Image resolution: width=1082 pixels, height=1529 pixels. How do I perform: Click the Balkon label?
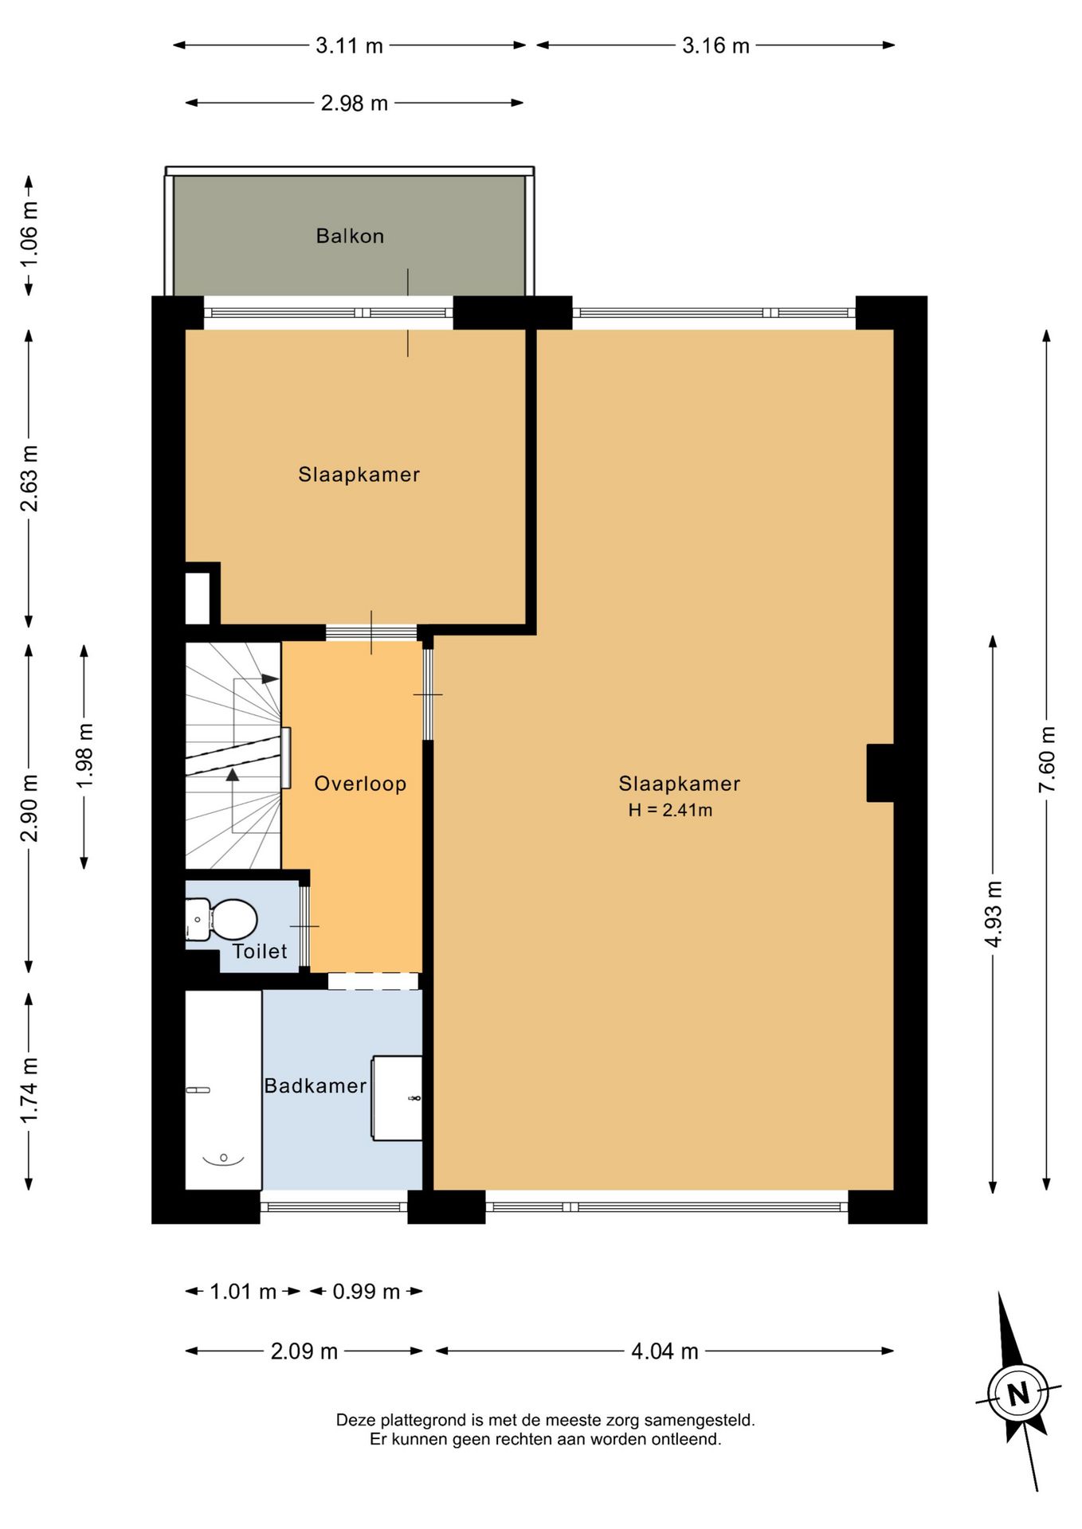pos(350,236)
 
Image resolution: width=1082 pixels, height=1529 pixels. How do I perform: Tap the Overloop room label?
pos(360,784)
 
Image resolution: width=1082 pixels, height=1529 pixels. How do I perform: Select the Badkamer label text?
pos(316,1085)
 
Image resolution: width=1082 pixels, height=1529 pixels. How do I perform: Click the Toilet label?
pos(260,951)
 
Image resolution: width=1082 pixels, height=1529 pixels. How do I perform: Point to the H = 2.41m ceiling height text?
pos(670,811)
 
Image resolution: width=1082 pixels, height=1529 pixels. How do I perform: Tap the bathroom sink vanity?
pos(398,1098)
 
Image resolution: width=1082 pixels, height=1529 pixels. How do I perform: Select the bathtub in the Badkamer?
pos(223,1089)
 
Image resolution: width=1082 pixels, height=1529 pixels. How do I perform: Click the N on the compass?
pos(1018,1394)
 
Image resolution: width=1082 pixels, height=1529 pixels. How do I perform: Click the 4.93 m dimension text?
pos(993,913)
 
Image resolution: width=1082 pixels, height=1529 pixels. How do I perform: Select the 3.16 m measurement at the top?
pos(715,45)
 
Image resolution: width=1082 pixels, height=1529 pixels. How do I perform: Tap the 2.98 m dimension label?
pos(355,103)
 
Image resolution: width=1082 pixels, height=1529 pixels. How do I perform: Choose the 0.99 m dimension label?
pos(366,1291)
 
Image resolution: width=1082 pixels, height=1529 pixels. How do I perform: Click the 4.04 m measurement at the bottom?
pos(664,1351)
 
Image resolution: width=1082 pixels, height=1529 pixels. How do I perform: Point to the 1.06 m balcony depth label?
pos(29,235)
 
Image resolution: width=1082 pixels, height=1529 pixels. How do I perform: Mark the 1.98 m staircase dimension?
pos(84,756)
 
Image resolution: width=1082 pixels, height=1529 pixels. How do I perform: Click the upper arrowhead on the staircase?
pos(271,679)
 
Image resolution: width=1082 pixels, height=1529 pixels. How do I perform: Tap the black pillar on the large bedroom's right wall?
pos(880,772)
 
